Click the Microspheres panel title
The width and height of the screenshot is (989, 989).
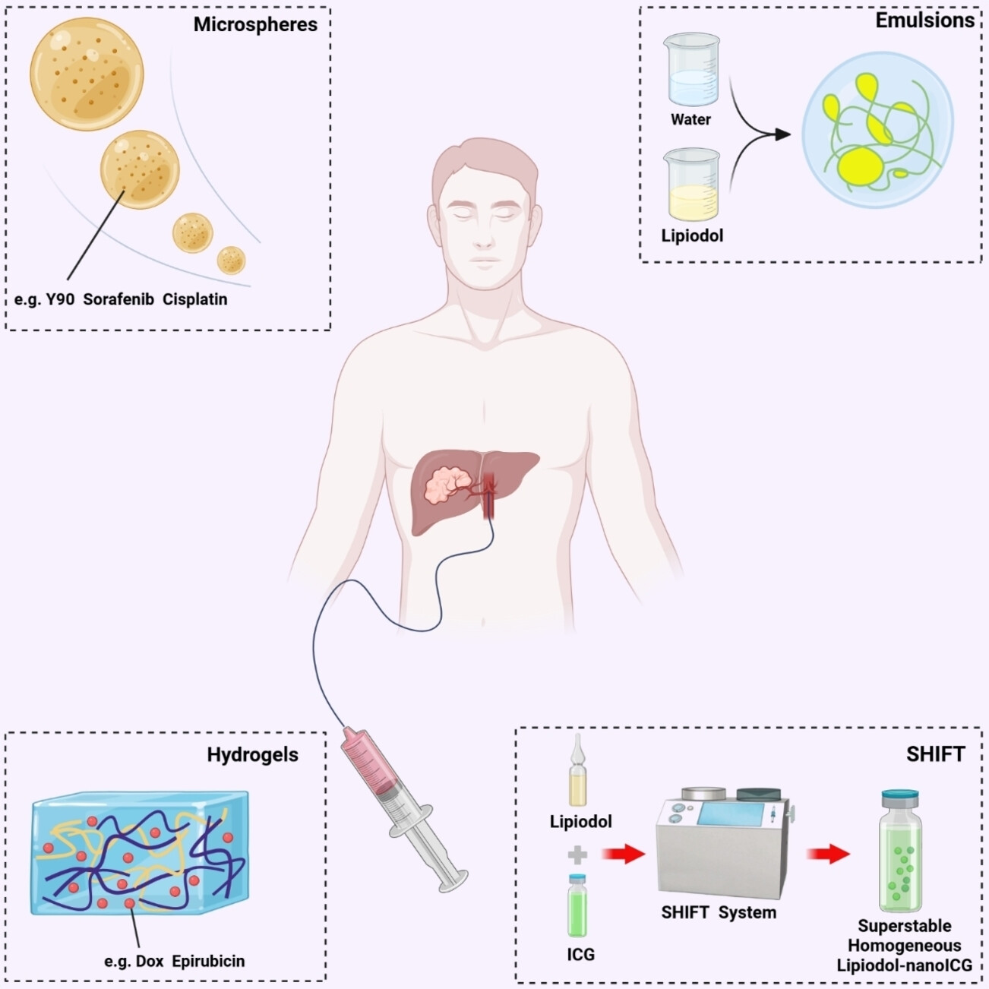(x=255, y=24)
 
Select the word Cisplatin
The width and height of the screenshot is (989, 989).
(x=194, y=299)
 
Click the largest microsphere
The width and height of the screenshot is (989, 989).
(x=87, y=74)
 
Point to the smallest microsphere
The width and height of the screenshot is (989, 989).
(x=231, y=261)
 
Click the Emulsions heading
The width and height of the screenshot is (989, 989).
(x=924, y=21)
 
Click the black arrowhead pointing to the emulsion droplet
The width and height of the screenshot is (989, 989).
(x=782, y=134)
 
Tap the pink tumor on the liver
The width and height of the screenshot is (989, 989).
(x=448, y=486)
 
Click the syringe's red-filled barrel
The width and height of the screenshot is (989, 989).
(x=372, y=767)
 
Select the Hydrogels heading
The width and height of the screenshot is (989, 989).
(x=252, y=755)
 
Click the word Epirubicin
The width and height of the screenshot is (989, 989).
(x=208, y=961)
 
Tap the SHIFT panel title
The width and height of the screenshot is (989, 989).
(x=935, y=754)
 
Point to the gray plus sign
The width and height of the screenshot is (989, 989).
(x=577, y=855)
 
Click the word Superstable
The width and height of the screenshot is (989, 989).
(x=904, y=926)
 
